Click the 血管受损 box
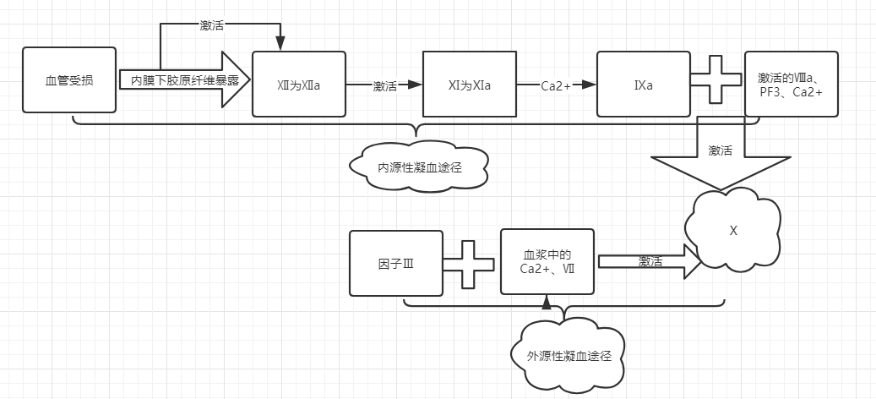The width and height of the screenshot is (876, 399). pos(68,81)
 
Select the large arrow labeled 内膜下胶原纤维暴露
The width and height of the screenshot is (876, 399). pos(185,80)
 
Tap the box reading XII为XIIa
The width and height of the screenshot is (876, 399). pos(299,84)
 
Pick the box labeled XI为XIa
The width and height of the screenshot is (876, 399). pos(469,84)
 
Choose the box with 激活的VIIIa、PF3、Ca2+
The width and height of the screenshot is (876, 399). pos(791,84)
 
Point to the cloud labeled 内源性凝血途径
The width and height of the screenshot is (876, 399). pos(418,167)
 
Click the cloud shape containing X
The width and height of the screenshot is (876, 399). pos(732,231)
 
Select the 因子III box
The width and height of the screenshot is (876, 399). pos(396,263)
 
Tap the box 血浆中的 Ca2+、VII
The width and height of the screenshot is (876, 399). pos(547,261)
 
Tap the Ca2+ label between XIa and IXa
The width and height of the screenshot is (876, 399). pos(557,85)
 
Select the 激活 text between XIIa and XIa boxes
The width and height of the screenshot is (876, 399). pos(385,85)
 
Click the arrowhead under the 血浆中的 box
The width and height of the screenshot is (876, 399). pos(547,301)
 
